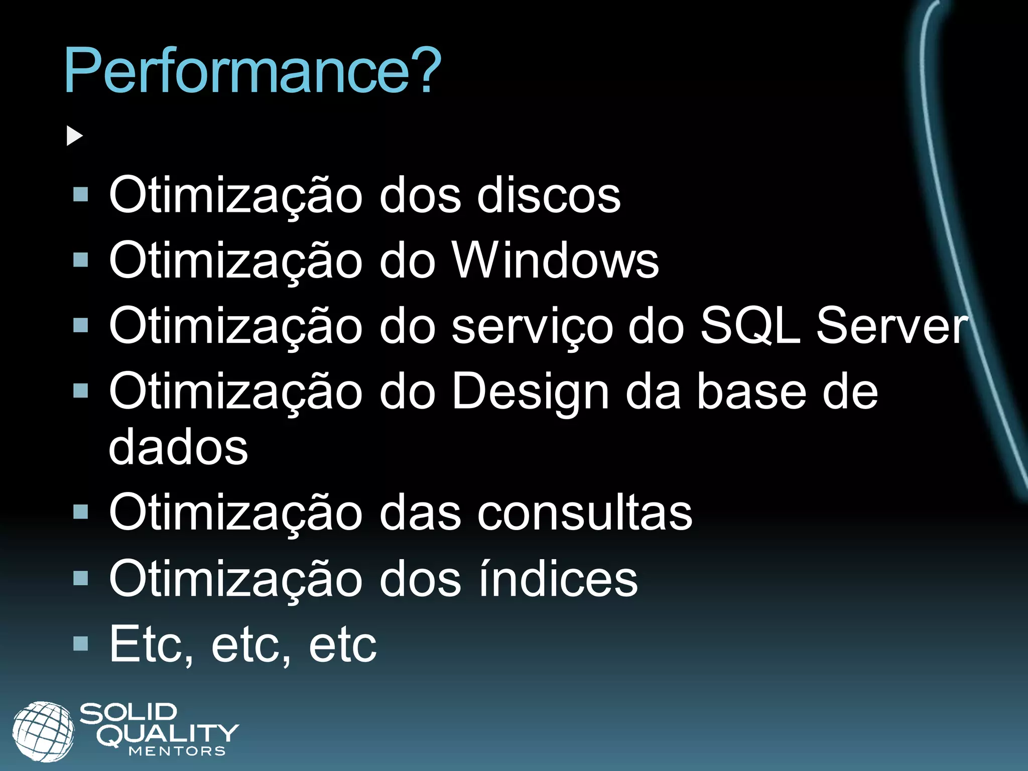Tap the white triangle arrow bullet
pyautogui.click(x=74, y=136)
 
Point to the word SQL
pyautogui.click(x=749, y=326)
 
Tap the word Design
pyautogui.click(x=530, y=393)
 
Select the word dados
pyautogui.click(x=178, y=446)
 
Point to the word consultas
pyautogui.click(x=585, y=512)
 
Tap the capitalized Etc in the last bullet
pyautogui.click(x=151, y=645)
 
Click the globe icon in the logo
pyautogui.click(x=43, y=731)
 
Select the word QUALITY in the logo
pyautogui.click(x=168, y=734)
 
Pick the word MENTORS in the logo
pyautogui.click(x=177, y=751)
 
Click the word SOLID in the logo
pyautogui.click(x=128, y=713)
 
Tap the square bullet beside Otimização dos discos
pyautogui.click(x=80, y=195)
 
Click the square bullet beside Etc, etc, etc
pyautogui.click(x=80, y=644)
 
